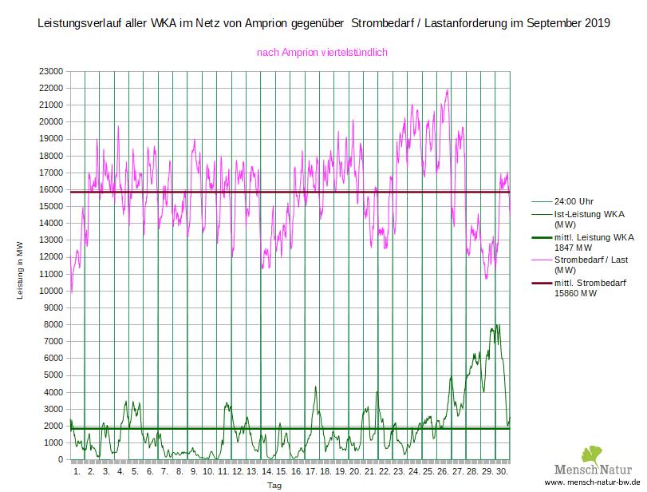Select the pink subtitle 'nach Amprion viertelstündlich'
[x=322, y=53]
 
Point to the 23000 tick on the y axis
[x=51, y=71]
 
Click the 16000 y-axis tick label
[x=51, y=189]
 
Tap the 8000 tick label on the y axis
[x=53, y=324]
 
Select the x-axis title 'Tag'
[x=274, y=485]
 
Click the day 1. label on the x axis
[x=77, y=472]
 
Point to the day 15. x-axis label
[x=282, y=472]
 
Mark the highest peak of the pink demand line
[x=448, y=89]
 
